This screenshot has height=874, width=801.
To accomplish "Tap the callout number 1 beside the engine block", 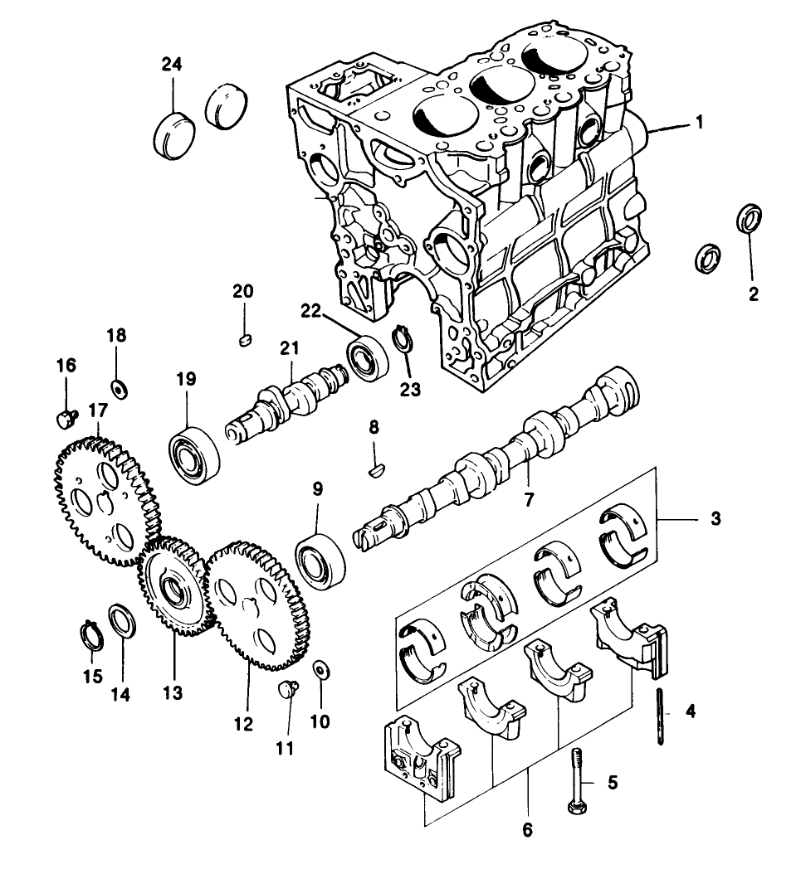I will click(699, 123).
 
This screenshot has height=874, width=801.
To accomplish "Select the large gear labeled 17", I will click(105, 498).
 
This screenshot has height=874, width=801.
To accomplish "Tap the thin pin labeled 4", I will click(660, 716).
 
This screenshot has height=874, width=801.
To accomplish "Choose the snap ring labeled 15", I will click(94, 634).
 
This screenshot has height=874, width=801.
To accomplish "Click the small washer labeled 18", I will click(119, 387).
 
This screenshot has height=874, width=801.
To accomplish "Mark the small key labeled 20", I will click(244, 338).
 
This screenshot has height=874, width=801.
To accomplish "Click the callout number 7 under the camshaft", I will click(530, 500).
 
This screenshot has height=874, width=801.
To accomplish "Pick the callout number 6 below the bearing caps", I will click(528, 828).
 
